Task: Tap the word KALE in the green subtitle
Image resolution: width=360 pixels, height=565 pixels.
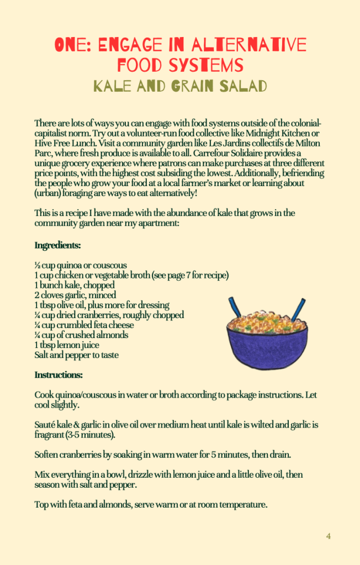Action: coord(113,86)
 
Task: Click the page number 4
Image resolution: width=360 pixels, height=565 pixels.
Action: coord(328,536)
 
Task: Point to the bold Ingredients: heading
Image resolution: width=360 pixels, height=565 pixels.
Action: coord(57,245)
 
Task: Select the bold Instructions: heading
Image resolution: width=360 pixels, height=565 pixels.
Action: coord(59,375)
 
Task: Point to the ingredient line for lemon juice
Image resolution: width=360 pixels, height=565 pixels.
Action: coord(67,345)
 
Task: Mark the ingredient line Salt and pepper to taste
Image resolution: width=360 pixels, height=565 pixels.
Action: coord(76,355)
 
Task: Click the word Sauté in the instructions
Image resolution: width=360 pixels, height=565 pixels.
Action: coord(45,425)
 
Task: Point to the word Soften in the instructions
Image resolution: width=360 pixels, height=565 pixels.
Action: coord(47,455)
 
